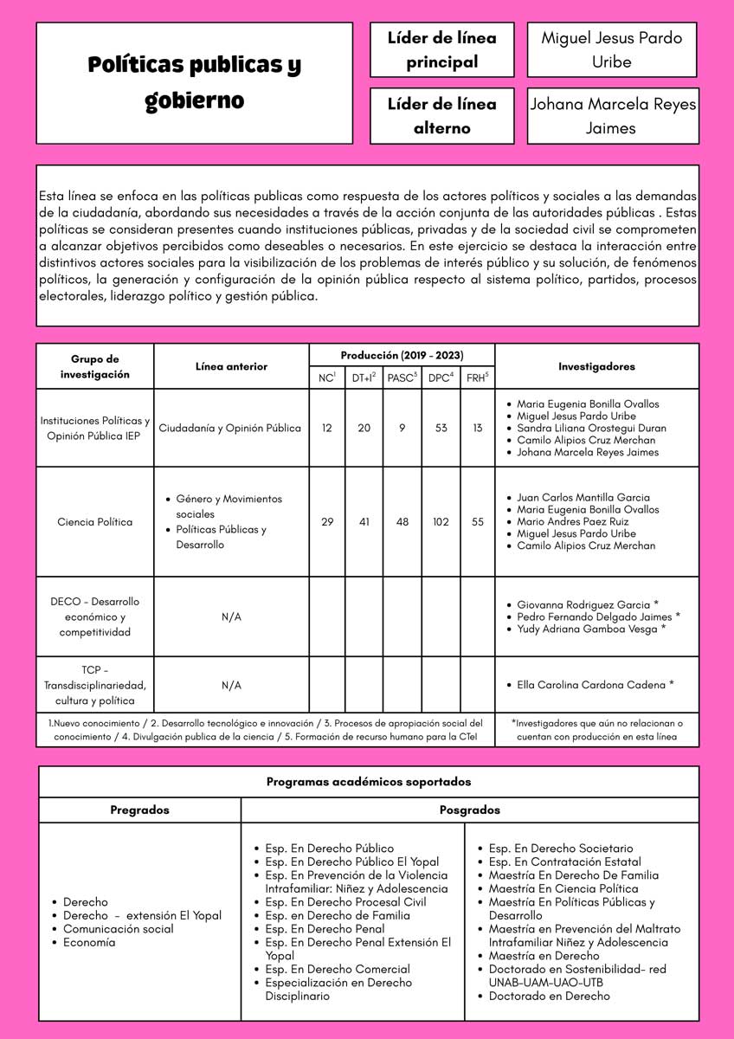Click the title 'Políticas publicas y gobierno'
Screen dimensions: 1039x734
point(194,82)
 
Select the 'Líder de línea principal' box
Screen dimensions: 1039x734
point(441,50)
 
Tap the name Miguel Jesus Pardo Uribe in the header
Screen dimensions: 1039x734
point(611,50)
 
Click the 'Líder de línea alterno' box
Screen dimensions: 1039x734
point(441,116)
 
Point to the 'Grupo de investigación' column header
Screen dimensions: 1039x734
point(95,366)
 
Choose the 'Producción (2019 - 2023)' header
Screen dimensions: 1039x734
point(402,355)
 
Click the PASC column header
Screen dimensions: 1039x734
point(402,378)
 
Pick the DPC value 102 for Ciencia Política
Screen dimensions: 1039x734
point(441,522)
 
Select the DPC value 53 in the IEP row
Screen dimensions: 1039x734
point(441,428)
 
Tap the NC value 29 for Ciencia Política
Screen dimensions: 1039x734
point(327,522)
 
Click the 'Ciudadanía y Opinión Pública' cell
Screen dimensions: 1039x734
point(231,428)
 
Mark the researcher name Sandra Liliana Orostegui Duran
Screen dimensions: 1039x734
point(591,428)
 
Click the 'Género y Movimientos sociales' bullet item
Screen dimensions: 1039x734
point(229,507)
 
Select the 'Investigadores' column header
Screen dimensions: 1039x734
point(596,366)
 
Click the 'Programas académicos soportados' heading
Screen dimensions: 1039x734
point(369,782)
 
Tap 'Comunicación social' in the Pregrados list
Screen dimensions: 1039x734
point(119,929)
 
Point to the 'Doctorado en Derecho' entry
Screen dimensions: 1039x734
point(549,996)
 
